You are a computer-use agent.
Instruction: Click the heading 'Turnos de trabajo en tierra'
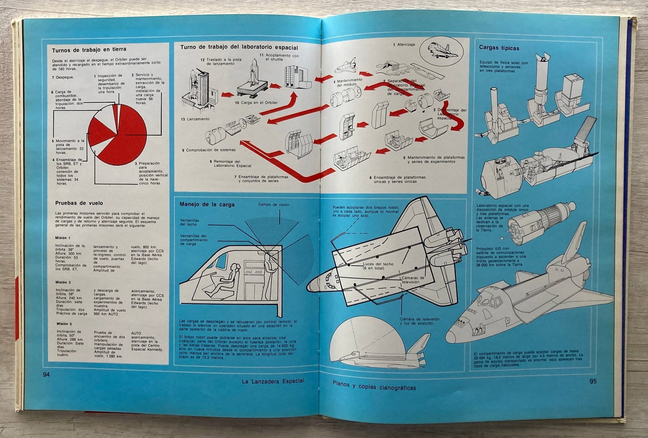coord(89,49)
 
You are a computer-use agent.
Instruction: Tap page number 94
coord(46,375)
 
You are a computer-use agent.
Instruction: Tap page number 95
coord(593,382)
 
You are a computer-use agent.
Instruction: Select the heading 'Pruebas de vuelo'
coord(79,203)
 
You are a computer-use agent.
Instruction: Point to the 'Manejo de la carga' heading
coord(207,204)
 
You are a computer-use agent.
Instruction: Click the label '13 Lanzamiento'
coord(195,119)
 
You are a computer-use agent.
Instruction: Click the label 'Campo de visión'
coord(273,204)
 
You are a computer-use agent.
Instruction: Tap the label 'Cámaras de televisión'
coord(410,280)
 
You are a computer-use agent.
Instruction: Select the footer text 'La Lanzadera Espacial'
coord(273,381)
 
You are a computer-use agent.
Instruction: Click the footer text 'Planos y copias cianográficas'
coord(374,387)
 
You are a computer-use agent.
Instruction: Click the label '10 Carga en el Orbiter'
coord(256,103)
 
